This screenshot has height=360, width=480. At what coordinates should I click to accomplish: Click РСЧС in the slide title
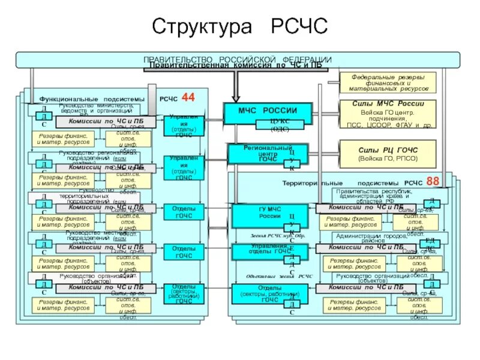[x=299, y=26]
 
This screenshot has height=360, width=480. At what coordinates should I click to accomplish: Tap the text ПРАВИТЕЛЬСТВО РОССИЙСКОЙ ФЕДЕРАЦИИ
[x=237, y=59]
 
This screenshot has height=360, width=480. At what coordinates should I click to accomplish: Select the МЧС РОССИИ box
[x=268, y=110]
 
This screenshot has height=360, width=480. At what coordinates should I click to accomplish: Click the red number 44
[x=188, y=97]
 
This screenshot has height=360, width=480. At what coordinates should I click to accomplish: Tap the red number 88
[x=433, y=181]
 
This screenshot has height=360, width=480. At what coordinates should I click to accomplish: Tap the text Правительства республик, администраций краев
[x=378, y=196]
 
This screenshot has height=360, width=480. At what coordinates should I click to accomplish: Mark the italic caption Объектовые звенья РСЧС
[x=280, y=276]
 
